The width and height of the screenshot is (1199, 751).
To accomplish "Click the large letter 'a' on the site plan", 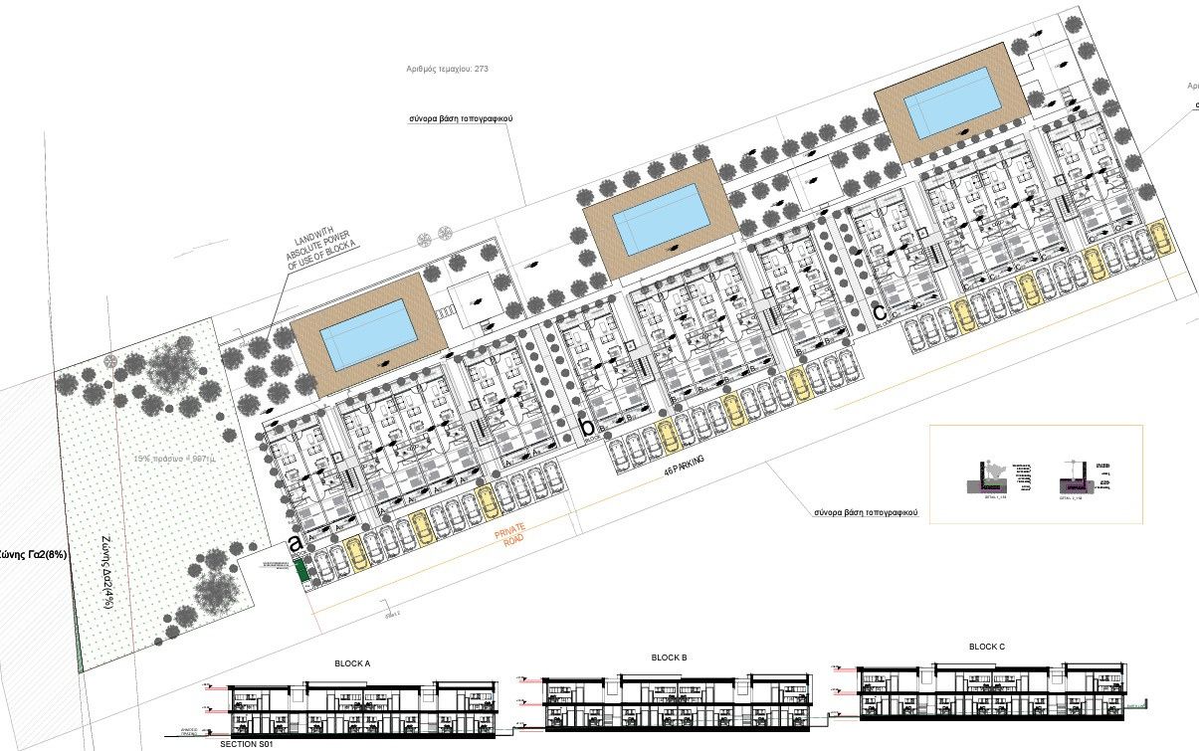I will click(296, 542).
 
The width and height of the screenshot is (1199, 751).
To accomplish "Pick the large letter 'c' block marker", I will click(879, 311).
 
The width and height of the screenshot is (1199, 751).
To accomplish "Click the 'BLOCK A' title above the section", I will click(352, 663).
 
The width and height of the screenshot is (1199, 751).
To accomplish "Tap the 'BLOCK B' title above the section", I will click(670, 657).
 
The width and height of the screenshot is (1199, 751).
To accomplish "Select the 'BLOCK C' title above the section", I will click(987, 647).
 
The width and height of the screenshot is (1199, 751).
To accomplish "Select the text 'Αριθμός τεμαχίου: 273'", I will click(448, 70).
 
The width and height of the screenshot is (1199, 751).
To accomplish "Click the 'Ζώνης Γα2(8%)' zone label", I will click(33, 555).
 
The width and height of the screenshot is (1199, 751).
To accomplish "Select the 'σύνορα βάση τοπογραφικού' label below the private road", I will click(864, 513).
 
